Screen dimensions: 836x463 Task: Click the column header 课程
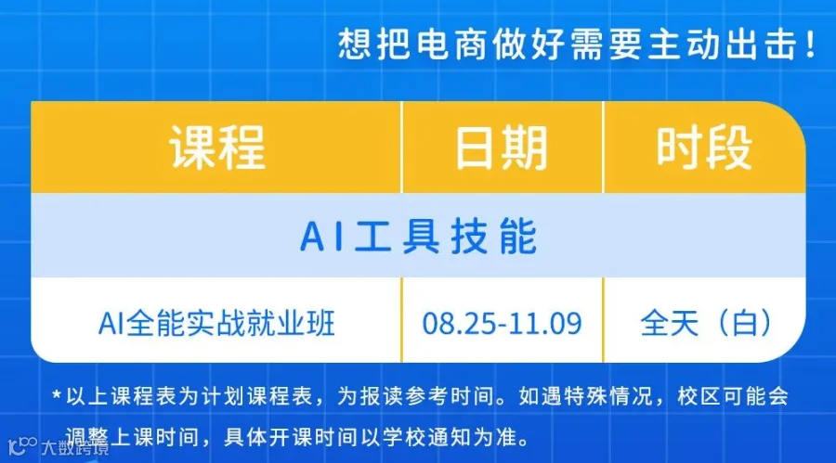[x=217, y=148]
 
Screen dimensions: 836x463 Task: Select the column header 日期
[x=502, y=148]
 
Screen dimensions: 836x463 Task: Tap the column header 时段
[x=704, y=148]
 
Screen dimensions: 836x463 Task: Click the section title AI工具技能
[x=419, y=236]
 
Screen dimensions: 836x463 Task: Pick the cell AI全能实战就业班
[x=216, y=323]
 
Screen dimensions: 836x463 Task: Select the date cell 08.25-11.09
[x=502, y=324]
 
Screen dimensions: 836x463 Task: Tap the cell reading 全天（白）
[x=705, y=323]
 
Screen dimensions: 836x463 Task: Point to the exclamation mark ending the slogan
[x=811, y=44]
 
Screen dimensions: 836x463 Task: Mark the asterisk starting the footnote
[x=57, y=396]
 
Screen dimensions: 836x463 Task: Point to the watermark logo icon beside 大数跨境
[x=22, y=446]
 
